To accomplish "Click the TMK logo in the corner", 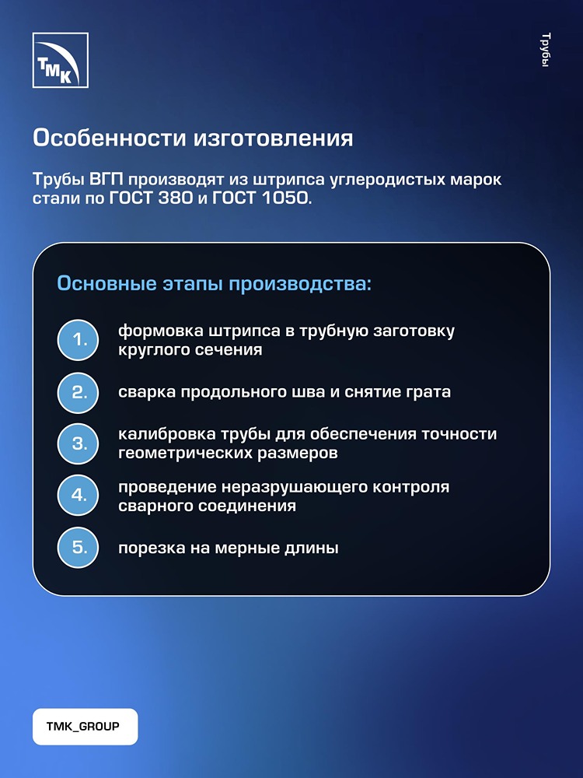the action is click(x=61, y=60).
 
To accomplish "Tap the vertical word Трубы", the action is click(x=546, y=50).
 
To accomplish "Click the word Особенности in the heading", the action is click(x=109, y=138).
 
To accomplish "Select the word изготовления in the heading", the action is click(x=273, y=139).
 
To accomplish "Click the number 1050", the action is click(x=285, y=198).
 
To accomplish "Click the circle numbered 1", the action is click(x=78, y=341).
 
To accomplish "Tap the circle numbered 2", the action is click(x=78, y=392).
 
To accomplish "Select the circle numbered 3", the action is click(x=78, y=443).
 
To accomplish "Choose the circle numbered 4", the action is click(x=78, y=495).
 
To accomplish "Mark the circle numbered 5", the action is click(x=78, y=547).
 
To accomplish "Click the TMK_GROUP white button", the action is click(x=86, y=727).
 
